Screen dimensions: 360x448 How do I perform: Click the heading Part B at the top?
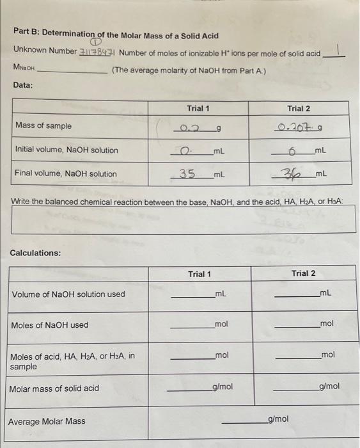pos(116,36)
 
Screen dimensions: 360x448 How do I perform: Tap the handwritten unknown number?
pos(97,52)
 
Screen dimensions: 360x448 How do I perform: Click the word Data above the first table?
pos(22,85)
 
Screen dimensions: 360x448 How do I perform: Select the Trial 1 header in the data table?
pos(198,109)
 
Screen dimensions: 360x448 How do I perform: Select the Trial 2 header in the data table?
pos(298,109)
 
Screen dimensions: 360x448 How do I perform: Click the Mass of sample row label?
pos(43,126)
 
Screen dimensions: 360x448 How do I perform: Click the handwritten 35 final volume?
pos(187,173)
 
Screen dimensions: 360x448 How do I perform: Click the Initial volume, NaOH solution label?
pos(67,150)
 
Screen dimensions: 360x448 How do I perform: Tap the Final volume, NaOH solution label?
pos(66,173)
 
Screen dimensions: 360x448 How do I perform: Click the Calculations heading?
pos(36,253)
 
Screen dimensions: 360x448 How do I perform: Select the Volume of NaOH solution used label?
pos(68,294)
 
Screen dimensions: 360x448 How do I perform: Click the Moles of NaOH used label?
pos(50,325)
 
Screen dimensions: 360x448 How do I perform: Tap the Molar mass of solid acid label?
pos(54,388)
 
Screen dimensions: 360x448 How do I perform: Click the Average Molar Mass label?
pos(46,421)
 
